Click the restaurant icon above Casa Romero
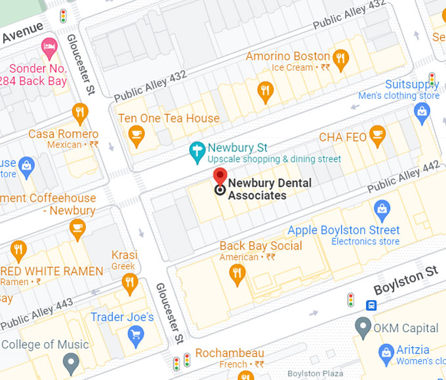[x=80, y=113]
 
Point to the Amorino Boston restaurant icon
[x=340, y=60]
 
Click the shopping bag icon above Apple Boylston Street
[x=381, y=211]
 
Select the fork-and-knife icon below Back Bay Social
[x=237, y=276]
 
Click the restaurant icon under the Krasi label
[x=129, y=282]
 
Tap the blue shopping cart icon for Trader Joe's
[x=136, y=337]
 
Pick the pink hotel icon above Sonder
[x=49, y=47]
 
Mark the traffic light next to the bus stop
[x=351, y=300]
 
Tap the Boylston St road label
[x=405, y=280]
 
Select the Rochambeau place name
[x=230, y=352]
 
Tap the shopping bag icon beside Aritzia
[x=386, y=354]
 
